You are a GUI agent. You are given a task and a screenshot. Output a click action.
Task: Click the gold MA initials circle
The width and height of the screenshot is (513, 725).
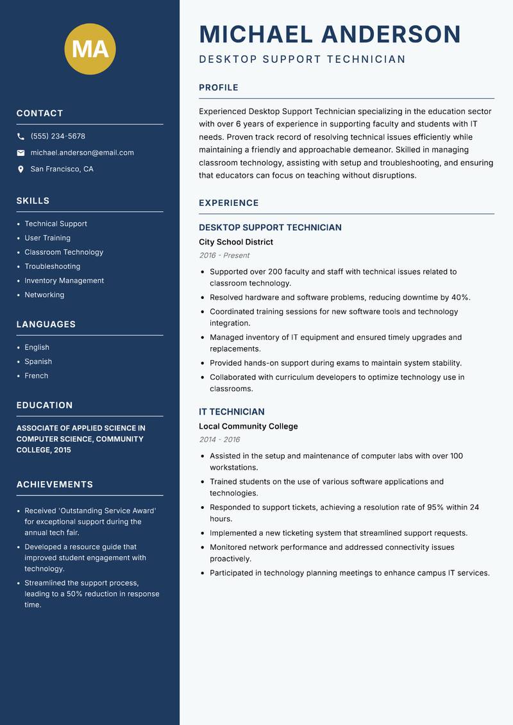click(90, 49)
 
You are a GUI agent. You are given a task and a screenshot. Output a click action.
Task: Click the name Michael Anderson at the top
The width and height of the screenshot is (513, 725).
click(330, 34)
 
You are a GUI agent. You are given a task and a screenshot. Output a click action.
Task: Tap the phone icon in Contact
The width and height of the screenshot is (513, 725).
click(21, 137)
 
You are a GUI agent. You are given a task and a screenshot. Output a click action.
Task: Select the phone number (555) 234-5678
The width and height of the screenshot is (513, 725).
click(58, 137)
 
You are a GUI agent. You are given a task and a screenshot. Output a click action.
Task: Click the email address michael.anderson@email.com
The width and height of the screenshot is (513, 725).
click(82, 153)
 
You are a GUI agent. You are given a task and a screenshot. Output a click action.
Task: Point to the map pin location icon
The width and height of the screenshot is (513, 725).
click(21, 169)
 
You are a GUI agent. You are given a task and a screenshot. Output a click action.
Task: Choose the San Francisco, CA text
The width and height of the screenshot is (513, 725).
click(62, 169)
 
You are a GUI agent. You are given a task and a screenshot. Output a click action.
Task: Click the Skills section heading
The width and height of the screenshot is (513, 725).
click(33, 201)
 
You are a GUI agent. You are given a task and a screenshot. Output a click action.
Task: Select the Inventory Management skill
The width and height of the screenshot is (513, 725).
click(64, 281)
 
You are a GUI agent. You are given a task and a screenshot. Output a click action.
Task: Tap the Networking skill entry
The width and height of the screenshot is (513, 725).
click(44, 295)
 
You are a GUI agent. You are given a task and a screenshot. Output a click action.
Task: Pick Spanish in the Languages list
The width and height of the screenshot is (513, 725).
click(38, 362)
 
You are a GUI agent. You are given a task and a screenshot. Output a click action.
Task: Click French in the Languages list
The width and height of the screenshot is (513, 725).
click(37, 376)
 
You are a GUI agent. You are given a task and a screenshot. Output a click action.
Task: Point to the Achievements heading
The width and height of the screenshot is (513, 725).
click(55, 484)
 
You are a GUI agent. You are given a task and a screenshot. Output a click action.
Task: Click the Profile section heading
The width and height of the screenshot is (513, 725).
click(218, 88)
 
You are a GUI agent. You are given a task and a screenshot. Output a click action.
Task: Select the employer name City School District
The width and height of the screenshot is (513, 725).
click(236, 243)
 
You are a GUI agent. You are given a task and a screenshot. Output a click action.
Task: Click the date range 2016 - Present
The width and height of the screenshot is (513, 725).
click(224, 255)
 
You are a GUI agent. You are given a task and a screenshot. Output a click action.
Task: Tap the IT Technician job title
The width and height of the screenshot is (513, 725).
click(231, 412)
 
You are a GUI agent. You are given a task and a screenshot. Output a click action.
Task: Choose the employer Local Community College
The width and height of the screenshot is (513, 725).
click(248, 427)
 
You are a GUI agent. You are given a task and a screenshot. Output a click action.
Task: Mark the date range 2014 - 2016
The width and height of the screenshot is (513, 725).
click(219, 439)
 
